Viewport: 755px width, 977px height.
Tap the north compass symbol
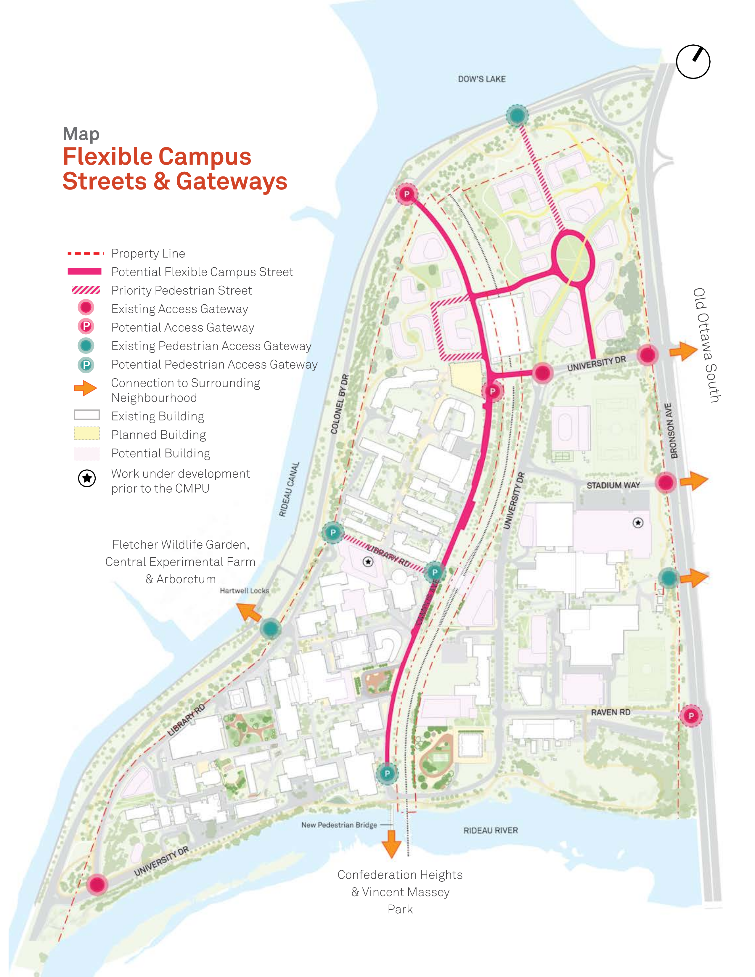[x=693, y=62]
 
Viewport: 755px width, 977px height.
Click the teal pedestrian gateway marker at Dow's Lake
[x=517, y=116]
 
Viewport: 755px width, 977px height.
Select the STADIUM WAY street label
[x=613, y=485]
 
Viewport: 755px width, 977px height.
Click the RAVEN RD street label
[x=610, y=712]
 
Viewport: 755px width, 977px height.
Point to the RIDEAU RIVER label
[x=490, y=831]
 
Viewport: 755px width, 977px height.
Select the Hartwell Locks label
[x=244, y=591]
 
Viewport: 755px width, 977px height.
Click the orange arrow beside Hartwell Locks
[x=249, y=612]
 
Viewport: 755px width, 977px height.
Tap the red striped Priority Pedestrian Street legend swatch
[x=86, y=290]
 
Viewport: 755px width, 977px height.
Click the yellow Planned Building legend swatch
[x=87, y=433]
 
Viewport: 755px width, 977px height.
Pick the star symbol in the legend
[x=87, y=478]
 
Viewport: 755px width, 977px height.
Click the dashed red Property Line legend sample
[x=85, y=253]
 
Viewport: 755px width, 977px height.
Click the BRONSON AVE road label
[x=671, y=431]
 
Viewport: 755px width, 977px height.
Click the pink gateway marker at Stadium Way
[x=665, y=483]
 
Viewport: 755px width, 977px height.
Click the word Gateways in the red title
[x=231, y=181]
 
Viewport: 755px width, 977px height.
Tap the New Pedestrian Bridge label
[x=339, y=825]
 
